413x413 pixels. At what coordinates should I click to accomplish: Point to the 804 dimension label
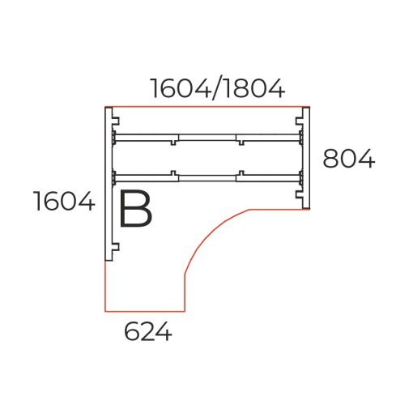tap(348, 159)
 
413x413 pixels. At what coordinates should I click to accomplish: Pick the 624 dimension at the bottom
tap(147, 331)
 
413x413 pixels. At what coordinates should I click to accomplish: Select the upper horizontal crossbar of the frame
tap(207, 136)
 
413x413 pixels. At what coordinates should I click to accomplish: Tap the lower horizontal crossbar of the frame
tap(207, 174)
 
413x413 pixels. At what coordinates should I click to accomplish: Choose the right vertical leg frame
tap(304, 158)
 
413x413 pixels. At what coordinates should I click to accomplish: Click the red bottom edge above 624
tap(146, 311)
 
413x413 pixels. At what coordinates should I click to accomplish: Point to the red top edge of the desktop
tap(207, 106)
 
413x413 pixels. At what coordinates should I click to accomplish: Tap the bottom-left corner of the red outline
tap(105, 311)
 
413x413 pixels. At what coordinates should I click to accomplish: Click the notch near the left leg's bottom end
tap(116, 249)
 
